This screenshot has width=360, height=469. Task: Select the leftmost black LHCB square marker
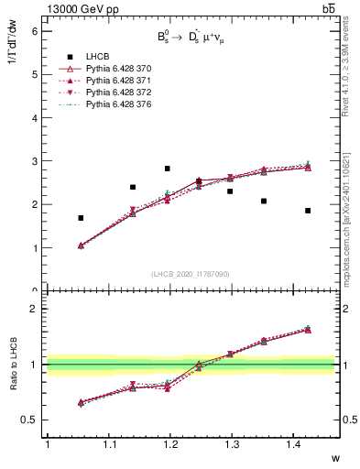pyautogui.click(x=81, y=218)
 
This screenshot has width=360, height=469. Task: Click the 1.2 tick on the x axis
pyautogui.click(x=170, y=445)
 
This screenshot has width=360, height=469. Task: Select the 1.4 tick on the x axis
pyautogui.click(x=295, y=445)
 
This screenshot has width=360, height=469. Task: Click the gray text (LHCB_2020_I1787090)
pyautogui.click(x=190, y=274)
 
